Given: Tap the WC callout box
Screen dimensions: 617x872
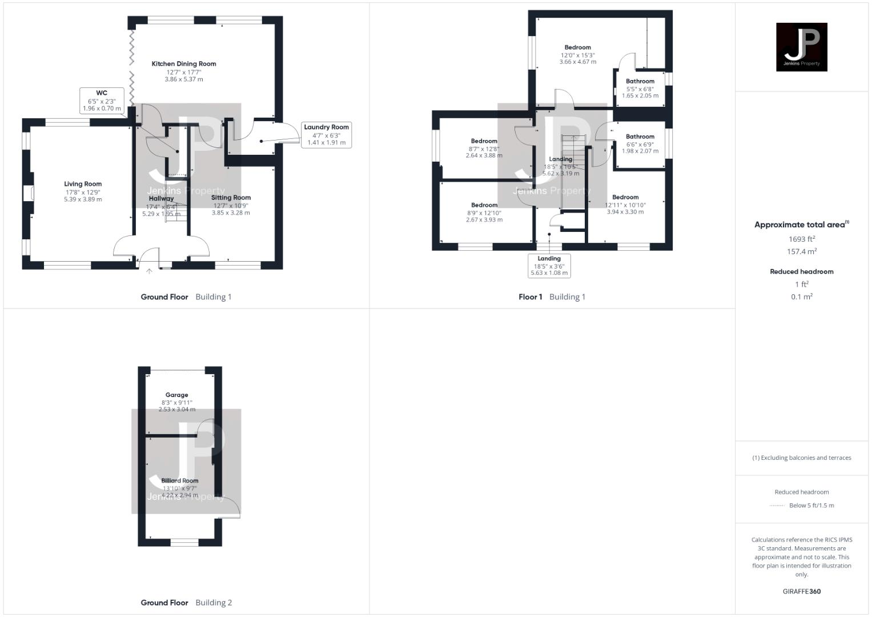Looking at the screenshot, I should point(102,101).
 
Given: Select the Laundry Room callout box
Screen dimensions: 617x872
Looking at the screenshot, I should point(326,135).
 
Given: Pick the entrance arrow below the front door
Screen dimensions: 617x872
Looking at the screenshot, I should point(149,271).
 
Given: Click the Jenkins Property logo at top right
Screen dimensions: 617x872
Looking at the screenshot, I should point(801,47).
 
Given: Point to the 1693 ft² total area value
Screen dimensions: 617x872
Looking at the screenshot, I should point(801,239).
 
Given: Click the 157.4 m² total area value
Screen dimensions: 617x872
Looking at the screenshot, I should point(801,251).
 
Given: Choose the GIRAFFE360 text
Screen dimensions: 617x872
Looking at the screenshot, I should point(801,591).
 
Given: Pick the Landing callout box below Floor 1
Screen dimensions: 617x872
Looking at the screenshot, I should point(549,266).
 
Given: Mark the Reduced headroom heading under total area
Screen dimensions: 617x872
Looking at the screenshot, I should point(801,271).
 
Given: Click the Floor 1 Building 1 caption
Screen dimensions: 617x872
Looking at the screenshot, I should point(552,297).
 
